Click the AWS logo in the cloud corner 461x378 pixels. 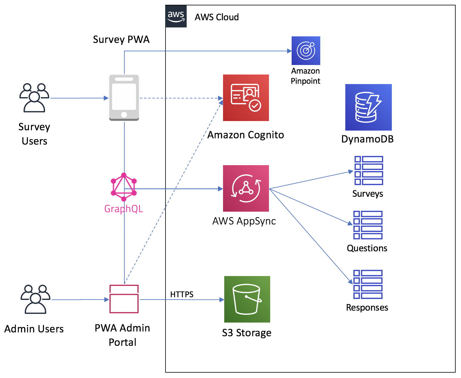176,16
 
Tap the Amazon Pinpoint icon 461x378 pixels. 306,51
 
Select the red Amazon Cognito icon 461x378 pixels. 246,98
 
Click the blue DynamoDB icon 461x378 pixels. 369,107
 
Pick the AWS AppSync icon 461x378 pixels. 246,188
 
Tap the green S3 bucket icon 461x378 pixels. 247,299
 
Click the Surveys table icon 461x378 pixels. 369,171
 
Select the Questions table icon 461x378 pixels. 368,225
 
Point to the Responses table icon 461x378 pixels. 368,284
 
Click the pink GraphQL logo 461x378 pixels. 124,187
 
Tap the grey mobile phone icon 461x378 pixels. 124,98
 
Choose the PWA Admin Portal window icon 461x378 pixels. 124,299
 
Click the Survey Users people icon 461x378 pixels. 34,98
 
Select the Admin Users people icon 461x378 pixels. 35,299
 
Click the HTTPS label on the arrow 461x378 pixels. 182,295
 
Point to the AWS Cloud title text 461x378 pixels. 217,17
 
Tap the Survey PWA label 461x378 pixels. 121,40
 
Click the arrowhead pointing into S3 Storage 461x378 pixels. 222,300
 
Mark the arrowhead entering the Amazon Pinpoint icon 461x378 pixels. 290,51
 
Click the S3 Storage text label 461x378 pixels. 247,333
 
